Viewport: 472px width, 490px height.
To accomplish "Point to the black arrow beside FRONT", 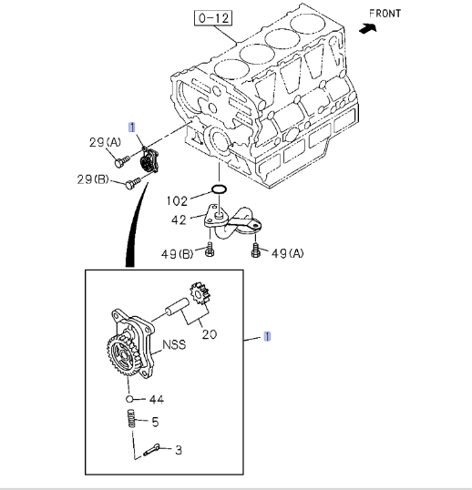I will [368, 28].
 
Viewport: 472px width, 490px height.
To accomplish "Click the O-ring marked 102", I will [219, 189].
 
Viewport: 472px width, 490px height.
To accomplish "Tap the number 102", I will [177, 200].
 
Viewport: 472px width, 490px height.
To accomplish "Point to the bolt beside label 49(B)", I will [210, 247].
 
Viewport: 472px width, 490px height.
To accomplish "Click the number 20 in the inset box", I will [210, 333].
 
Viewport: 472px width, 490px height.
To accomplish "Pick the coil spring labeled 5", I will [130, 422].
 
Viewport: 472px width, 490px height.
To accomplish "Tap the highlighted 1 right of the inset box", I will [267, 336].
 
